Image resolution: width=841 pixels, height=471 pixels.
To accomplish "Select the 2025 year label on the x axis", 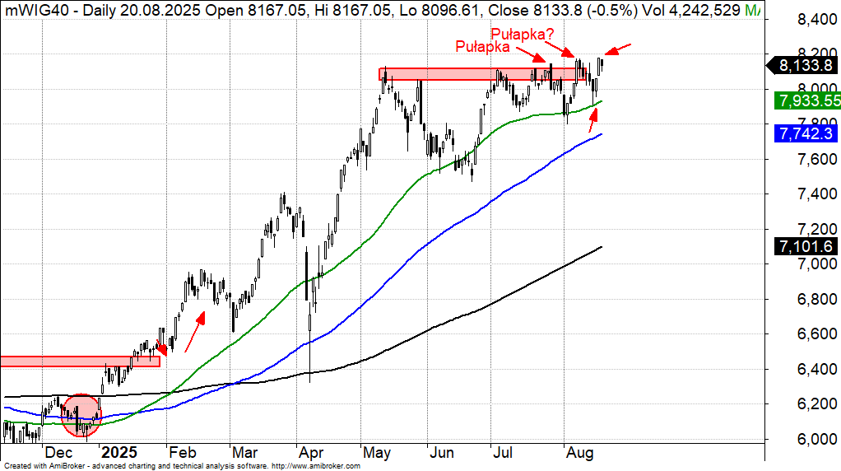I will tap(120, 453).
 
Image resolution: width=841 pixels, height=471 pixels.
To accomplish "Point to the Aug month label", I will tap(580, 453).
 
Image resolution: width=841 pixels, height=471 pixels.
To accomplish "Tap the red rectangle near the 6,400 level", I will tap(80, 361).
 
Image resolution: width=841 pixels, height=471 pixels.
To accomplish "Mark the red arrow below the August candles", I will tap(592, 121).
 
